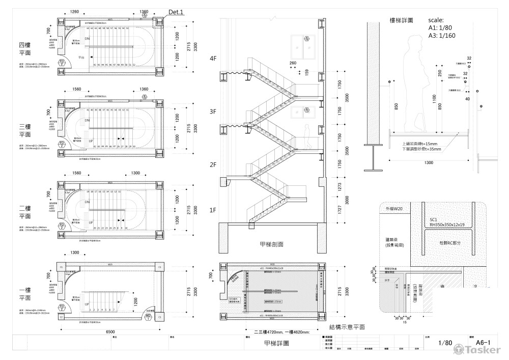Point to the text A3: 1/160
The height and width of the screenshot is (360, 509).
pyautogui.click(x=442, y=36)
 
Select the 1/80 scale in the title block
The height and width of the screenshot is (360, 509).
pyautogui.click(x=444, y=343)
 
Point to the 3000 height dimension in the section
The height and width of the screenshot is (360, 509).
pyautogui.click(x=348, y=200)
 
